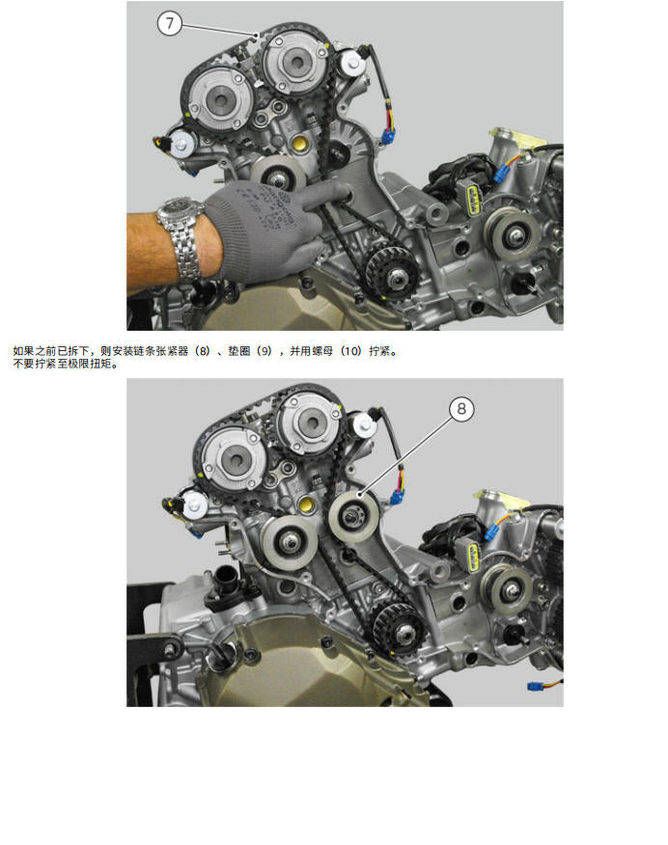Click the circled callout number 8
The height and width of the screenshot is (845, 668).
tap(461, 409)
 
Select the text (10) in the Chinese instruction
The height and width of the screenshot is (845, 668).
tap(351, 352)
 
